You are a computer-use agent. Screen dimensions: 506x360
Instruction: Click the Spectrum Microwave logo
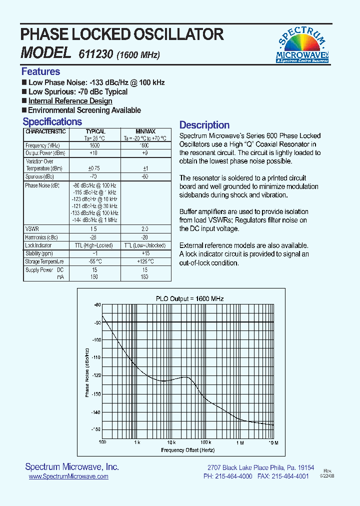click(x=302, y=45)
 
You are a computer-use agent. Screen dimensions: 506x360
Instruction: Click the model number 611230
click(x=95, y=54)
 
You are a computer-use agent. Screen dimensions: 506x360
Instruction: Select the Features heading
click(x=40, y=71)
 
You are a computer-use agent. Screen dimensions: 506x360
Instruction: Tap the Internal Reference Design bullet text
click(x=70, y=101)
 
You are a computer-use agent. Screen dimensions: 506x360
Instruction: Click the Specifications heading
click(x=52, y=121)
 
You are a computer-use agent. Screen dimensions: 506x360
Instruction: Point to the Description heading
click(x=204, y=125)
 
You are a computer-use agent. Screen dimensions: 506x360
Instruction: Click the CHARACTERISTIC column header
click(x=45, y=131)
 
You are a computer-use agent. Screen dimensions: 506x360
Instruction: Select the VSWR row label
click(x=32, y=228)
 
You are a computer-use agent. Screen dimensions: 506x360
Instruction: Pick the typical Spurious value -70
click(x=92, y=177)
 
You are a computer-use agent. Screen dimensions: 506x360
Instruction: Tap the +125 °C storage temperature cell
click(x=144, y=261)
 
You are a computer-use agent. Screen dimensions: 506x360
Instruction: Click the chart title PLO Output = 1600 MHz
click(x=189, y=298)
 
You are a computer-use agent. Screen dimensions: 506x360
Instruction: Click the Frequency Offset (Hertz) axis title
click(x=187, y=450)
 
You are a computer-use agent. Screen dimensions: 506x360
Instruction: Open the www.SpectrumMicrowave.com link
click(x=68, y=477)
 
